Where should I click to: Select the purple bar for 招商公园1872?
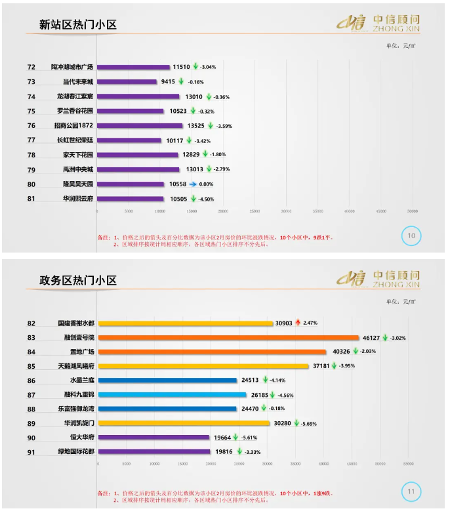pyautogui.click(x=140, y=125)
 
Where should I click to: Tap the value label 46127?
pyautogui.click(x=371, y=337)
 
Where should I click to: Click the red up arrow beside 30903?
pyautogui.click(x=297, y=323)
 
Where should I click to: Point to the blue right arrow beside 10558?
pyautogui.click(x=193, y=184)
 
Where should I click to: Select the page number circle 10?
pyautogui.click(x=411, y=236)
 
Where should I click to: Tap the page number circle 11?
pyautogui.click(x=411, y=491)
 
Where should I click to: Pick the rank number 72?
pyautogui.click(x=31, y=67)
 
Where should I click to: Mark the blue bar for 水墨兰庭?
pyautogui.click(x=167, y=380)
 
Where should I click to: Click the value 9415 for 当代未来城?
pyautogui.click(x=168, y=82)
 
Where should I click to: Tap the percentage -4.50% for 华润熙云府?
pyautogui.click(x=206, y=199)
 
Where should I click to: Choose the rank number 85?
pyautogui.click(x=31, y=366)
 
